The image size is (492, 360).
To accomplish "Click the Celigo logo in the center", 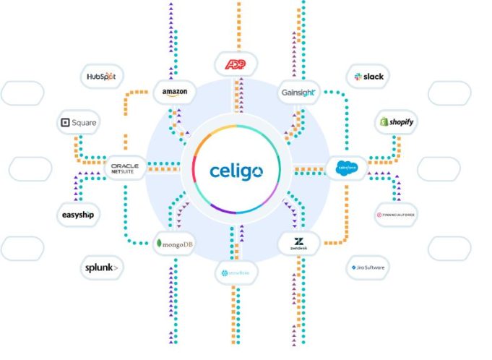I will tap(236, 171).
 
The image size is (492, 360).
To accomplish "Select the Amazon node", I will tap(175, 91).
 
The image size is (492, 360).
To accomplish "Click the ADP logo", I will tap(236, 64).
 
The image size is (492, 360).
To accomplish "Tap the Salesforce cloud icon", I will tap(347, 168).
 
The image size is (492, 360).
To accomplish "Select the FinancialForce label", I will tap(396, 215).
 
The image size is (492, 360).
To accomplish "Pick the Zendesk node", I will tap(299, 244).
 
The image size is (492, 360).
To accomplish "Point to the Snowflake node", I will tap(236, 274).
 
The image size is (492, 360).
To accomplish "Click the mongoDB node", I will tap(174, 244).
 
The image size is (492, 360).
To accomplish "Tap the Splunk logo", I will tap(102, 267).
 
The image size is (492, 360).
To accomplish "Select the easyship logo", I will tap(78, 215).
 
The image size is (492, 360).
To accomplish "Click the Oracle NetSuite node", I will tap(125, 168).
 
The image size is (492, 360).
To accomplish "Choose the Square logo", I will tap(79, 123).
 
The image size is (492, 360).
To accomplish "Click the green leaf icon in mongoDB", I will tap(159, 244).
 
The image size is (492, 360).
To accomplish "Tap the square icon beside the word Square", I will tap(66, 123).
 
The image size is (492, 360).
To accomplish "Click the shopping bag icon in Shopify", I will tap(382, 123).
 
